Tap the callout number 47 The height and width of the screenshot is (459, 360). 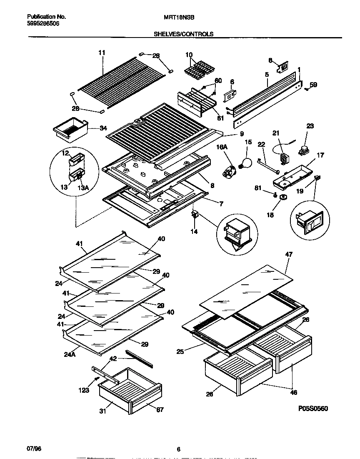tap(289, 254)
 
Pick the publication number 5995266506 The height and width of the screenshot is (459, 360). tap(43, 24)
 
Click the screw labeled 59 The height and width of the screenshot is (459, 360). tap(307, 88)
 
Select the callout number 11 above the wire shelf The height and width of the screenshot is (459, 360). tap(102, 53)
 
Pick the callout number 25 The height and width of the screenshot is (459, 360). tap(180, 351)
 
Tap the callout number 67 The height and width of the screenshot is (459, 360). tap(160, 410)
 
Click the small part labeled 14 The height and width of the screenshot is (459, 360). tap(194, 215)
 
